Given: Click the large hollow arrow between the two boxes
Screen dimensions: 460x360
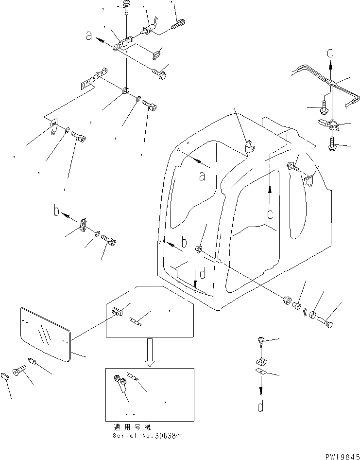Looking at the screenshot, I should pos(150,353).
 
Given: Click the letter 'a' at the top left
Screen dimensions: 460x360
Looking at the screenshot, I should pos(88,35).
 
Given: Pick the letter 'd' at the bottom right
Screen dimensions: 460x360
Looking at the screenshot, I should pos(261,406).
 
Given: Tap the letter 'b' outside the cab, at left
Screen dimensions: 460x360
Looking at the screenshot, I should pos(57,212).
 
